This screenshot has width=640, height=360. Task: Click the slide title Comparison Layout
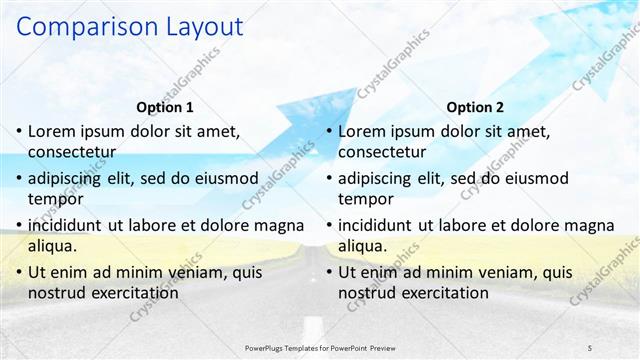pos(130,27)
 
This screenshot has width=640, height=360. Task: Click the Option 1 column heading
pos(165,107)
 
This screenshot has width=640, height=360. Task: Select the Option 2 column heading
pos(476,107)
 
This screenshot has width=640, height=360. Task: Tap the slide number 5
pos(590,347)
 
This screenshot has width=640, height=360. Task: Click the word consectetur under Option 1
pos(72,153)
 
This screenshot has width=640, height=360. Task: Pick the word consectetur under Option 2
pos(382,153)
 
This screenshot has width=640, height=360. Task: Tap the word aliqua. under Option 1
pos(53,246)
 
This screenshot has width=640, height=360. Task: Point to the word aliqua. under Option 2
pos(363,246)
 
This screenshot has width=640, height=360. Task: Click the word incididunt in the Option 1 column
pos(69,225)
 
